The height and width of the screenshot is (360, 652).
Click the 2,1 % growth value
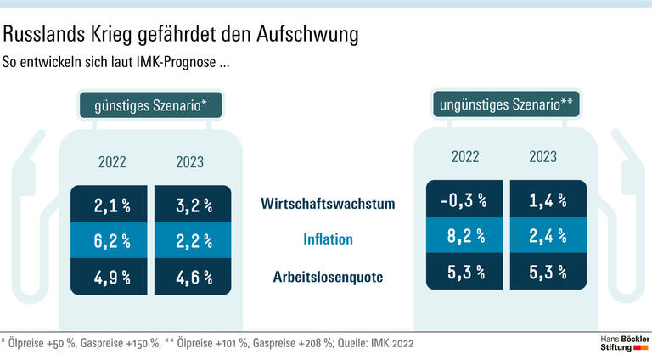tap(111, 205)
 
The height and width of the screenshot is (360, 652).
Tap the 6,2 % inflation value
tap(111, 241)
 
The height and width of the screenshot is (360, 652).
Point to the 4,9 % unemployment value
tap(111, 277)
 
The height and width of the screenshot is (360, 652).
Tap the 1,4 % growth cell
tap(548, 200)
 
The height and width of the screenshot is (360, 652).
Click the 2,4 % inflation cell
tap(548, 237)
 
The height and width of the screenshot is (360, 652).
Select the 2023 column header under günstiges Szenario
tap(189, 161)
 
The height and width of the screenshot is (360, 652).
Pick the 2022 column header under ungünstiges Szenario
tap(465, 156)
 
